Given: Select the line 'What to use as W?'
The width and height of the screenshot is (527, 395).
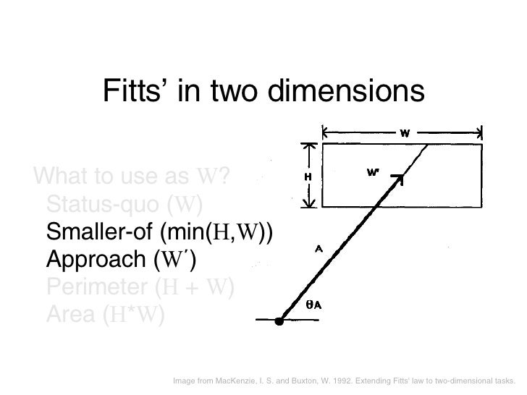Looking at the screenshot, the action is pyautogui.click(x=134, y=176).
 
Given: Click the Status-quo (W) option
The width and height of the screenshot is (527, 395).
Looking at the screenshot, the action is pyautogui.click(x=124, y=203).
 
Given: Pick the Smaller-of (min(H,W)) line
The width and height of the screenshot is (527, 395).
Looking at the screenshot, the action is pyautogui.click(x=160, y=232).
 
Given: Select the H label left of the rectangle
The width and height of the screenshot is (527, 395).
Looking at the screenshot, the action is pyautogui.click(x=307, y=176).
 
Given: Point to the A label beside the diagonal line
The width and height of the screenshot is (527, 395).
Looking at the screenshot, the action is pyautogui.click(x=319, y=250).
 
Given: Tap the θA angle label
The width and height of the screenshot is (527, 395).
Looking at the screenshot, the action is pyautogui.click(x=314, y=305).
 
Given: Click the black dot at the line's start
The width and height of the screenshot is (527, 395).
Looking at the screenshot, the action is pyautogui.click(x=279, y=320).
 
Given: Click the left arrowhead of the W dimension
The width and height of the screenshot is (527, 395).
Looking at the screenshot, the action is pyautogui.click(x=326, y=132).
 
